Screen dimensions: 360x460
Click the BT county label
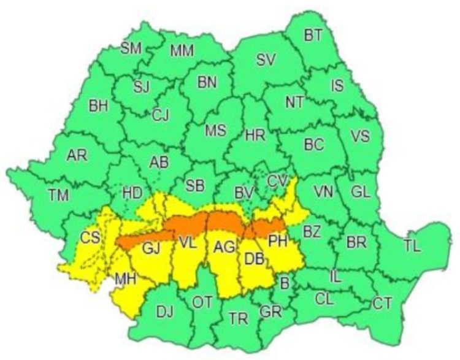point(313,36)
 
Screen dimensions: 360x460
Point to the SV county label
point(266,59)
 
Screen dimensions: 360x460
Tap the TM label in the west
point(59,195)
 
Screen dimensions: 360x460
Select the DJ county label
point(164,311)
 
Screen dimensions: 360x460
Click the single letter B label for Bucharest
point(283,283)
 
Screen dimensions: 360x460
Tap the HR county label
point(255,137)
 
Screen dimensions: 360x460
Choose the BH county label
point(98,105)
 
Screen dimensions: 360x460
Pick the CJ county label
point(161,113)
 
